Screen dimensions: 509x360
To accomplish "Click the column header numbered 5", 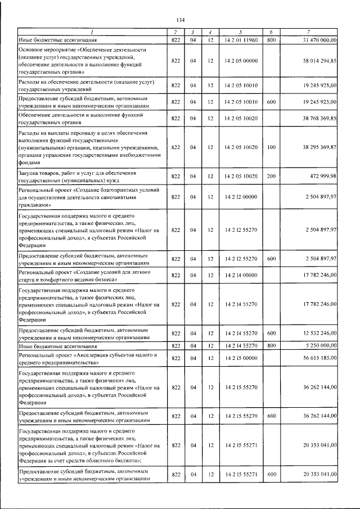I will (x=240, y=32).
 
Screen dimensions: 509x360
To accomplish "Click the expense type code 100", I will (x=271, y=147).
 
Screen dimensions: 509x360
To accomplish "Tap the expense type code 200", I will (x=271, y=177).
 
